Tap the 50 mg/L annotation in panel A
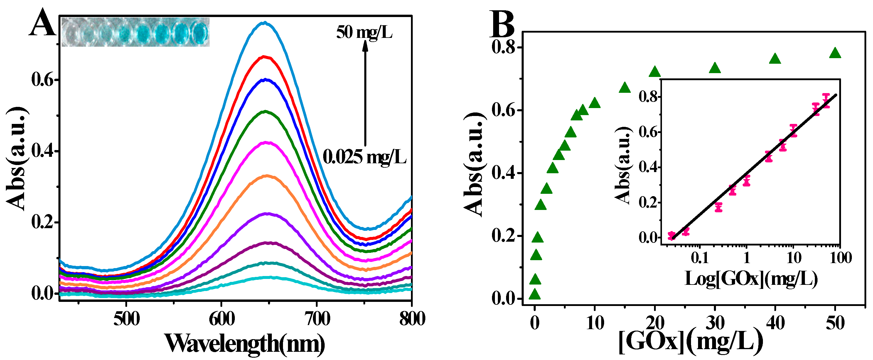364,33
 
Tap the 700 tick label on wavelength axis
317,319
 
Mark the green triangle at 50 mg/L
835,53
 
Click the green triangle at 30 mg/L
715,68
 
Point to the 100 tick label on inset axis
841,258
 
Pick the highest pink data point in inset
826,100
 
